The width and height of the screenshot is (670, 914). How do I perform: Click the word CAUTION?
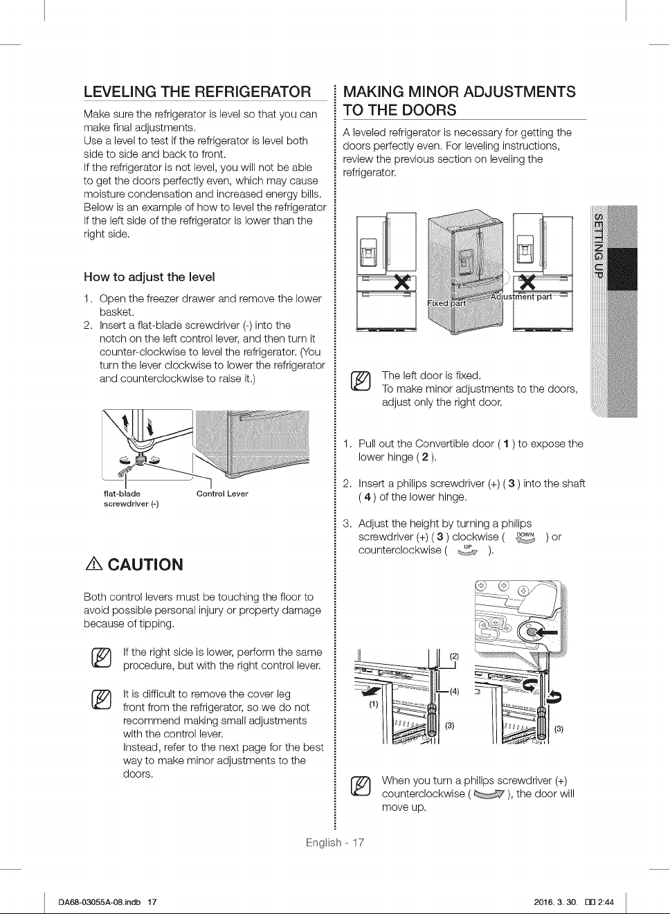pos(145,565)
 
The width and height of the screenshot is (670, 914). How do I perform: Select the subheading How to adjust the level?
pos(150,277)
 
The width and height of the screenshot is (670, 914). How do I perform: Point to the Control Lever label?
pos(222,494)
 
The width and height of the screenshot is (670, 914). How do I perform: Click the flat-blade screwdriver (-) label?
pos(131,499)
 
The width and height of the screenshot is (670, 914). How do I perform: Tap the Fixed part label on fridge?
pos(446,303)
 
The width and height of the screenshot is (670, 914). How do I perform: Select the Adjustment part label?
pos(520,296)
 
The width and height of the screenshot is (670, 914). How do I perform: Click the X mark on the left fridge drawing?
pos(402,281)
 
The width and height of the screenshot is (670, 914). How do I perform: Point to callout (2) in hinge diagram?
pos(454,656)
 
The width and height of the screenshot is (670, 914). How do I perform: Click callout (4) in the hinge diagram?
pos(454,691)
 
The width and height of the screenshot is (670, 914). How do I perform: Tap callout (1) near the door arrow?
pos(374,704)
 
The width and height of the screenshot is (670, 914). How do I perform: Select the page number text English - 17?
pos(335,842)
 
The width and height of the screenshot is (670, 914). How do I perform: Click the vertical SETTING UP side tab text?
pos(598,246)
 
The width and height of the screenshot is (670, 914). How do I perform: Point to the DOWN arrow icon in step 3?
pos(525,538)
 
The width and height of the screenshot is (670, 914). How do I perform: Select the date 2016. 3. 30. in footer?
pos(556,902)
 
